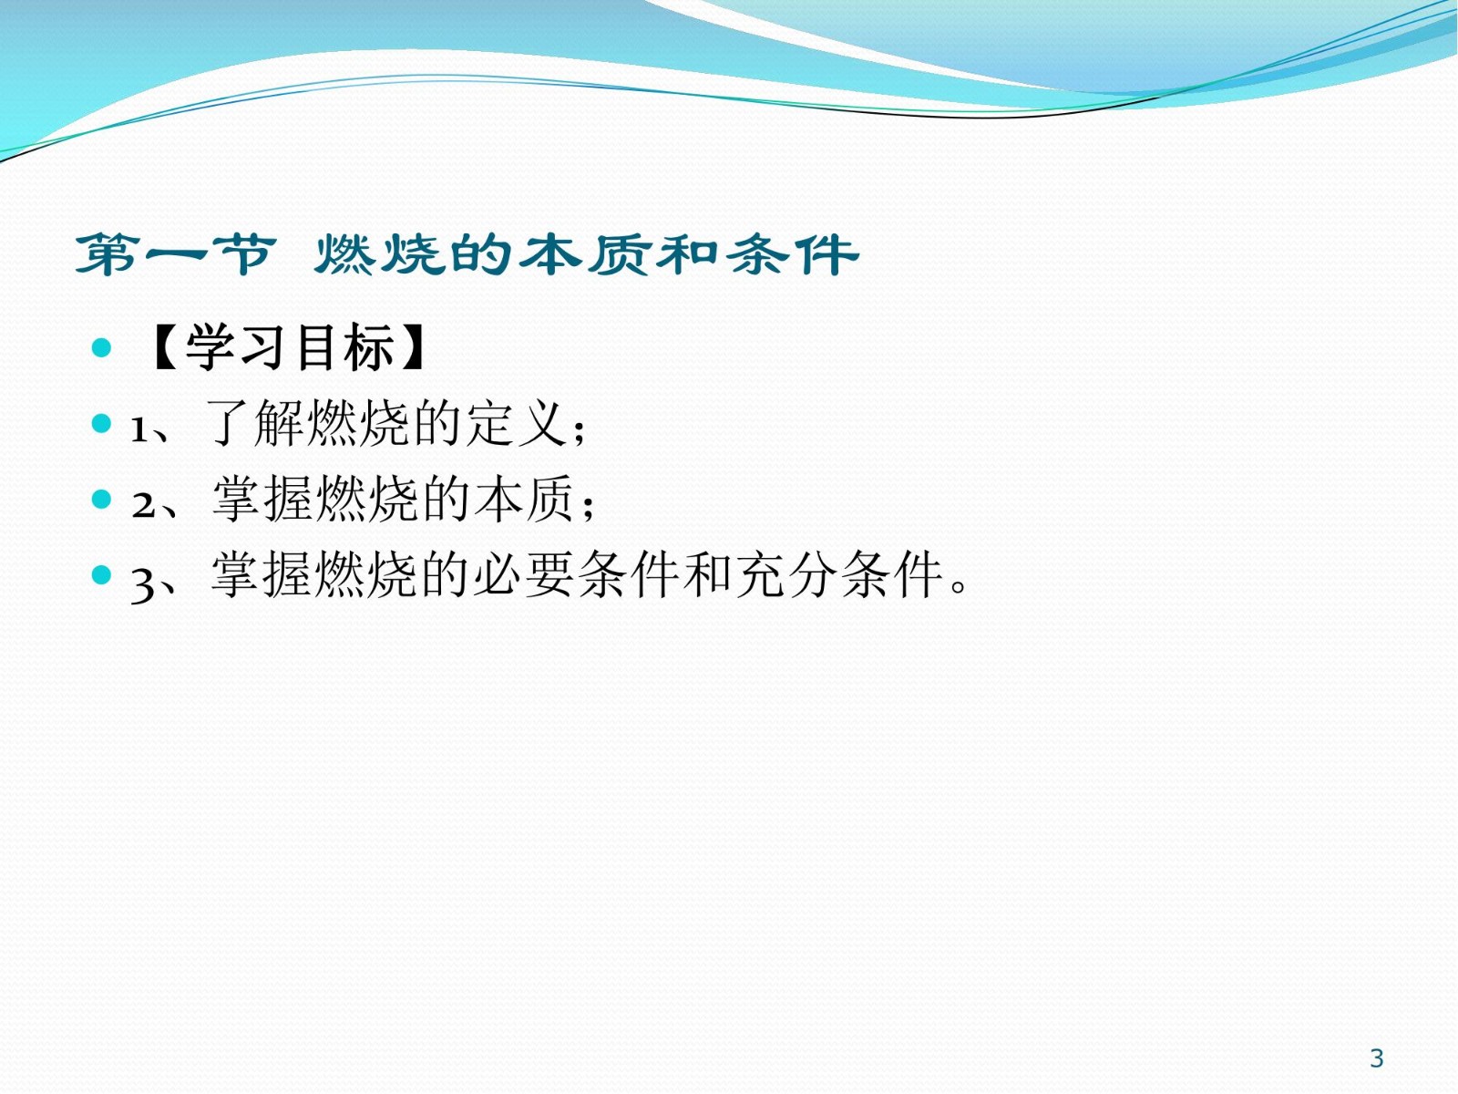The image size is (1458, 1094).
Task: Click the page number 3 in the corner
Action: [x=1376, y=1058]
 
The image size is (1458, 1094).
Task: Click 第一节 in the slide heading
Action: [x=176, y=255]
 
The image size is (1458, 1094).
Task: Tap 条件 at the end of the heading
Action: [x=791, y=255]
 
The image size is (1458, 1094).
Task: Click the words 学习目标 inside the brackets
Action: [x=291, y=347]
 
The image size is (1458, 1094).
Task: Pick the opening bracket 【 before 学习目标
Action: [x=164, y=347]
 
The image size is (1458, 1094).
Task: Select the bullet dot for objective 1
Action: [x=101, y=423]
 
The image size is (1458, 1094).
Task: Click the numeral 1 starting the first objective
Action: [x=139, y=429]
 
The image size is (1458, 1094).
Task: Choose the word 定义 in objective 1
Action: [x=516, y=423]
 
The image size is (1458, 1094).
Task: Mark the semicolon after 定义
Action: [x=580, y=432]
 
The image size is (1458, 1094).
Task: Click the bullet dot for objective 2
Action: [x=101, y=499]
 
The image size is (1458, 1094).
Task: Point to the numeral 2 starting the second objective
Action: [x=143, y=505]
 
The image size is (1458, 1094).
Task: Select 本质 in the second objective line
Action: [x=523, y=499]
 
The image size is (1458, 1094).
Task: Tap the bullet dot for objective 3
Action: [x=101, y=575]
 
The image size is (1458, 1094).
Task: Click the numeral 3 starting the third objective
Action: [x=142, y=584]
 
